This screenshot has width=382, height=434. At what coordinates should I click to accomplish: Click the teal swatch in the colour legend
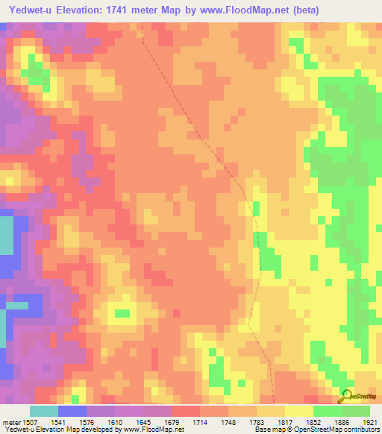43,411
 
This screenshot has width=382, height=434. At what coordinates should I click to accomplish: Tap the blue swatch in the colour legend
72,411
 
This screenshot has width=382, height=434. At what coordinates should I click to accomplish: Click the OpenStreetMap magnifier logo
345,396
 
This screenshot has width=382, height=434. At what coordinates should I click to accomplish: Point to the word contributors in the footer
360,430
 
